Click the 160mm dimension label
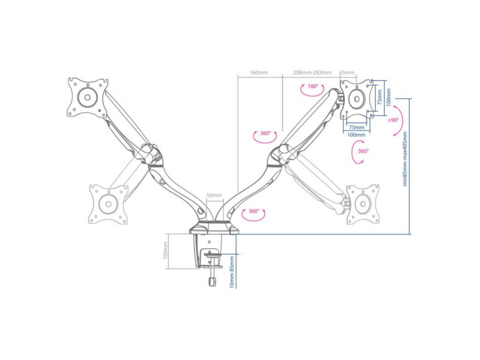(259, 73)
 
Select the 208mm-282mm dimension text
(312, 73)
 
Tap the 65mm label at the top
(347, 73)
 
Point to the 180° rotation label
(313, 86)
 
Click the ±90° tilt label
(394, 120)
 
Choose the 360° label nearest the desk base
(254, 211)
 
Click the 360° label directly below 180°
(265, 133)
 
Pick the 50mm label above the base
(214, 195)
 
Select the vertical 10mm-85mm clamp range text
(232, 272)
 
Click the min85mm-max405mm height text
(405, 158)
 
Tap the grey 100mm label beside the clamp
(166, 250)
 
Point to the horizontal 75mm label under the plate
(356, 127)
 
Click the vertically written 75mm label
(380, 97)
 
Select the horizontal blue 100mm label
(356, 135)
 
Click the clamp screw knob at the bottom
(212, 281)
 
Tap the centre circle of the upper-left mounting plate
(87, 98)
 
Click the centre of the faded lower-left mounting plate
(108, 204)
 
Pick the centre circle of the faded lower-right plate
(364, 204)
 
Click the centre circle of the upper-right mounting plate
(357, 98)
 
